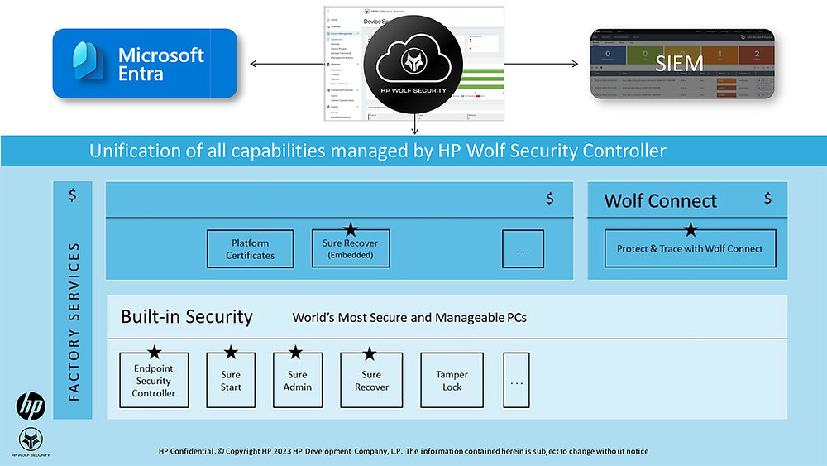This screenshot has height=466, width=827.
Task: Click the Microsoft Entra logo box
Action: click(145, 64)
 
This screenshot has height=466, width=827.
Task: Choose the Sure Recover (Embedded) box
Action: click(351, 248)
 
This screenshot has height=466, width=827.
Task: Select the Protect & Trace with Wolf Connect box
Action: click(690, 248)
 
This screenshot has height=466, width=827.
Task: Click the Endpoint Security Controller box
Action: click(154, 381)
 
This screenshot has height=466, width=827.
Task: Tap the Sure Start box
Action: click(231, 381)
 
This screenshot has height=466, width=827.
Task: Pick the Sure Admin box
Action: click(297, 381)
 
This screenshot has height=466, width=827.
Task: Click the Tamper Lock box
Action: click(452, 381)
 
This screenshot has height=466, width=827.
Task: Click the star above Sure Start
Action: click(231, 353)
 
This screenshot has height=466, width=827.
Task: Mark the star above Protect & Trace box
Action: click(691, 229)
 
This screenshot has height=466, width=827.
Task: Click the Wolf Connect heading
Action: click(660, 200)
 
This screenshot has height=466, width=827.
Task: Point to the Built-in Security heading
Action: click(186, 316)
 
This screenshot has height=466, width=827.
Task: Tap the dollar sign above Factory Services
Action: click(73, 195)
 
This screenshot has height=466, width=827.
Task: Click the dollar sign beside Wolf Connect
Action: click(767, 199)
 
